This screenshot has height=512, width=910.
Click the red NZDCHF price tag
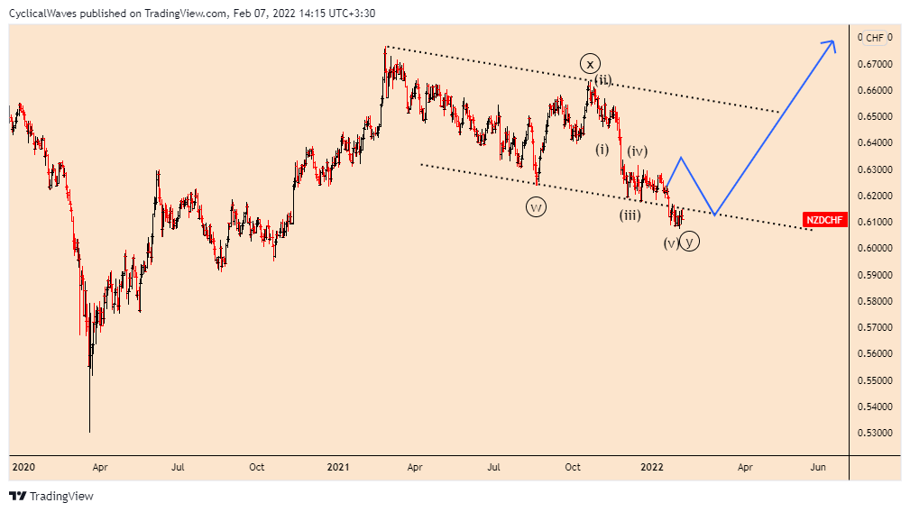824,220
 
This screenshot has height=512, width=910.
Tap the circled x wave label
589,63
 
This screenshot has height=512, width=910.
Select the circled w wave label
536,207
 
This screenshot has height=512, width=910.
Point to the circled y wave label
690,241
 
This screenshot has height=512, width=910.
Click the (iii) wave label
630,215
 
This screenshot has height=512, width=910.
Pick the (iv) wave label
638,151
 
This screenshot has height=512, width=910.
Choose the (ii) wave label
602,79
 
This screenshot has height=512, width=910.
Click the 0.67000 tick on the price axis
874,64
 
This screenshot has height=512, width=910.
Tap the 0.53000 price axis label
874,433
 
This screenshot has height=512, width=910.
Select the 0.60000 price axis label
874,248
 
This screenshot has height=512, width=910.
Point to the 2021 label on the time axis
338,467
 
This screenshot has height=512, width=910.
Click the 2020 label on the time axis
23,467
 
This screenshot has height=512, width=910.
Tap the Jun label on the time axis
818,467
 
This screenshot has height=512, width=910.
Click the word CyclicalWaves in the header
39,13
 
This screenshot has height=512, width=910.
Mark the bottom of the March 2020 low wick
89,432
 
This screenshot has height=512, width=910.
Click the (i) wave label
602,149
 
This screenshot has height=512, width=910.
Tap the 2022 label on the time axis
652,467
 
